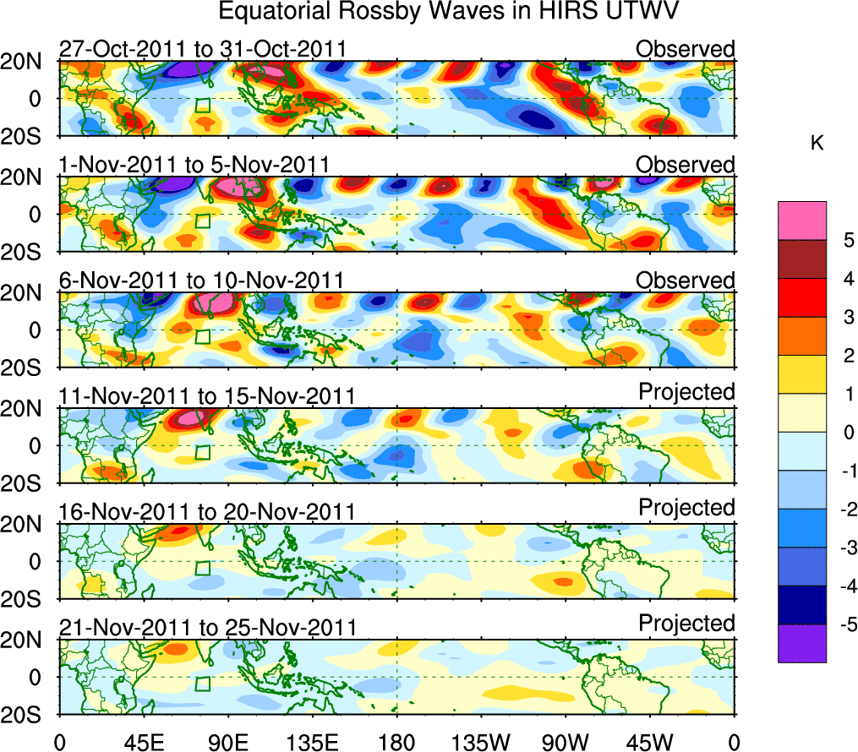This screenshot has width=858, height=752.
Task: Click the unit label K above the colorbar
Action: click(x=817, y=144)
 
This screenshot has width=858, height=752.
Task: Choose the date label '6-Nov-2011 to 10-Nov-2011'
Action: click(x=200, y=281)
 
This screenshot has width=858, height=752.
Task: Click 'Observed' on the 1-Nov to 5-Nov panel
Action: click(x=686, y=165)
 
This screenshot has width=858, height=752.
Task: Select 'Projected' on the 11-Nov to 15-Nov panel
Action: click(x=686, y=392)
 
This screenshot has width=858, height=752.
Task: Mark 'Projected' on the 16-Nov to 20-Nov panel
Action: click(x=686, y=508)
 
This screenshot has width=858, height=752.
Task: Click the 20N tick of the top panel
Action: click(x=29, y=62)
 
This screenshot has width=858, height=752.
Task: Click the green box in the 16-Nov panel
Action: click(x=202, y=568)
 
